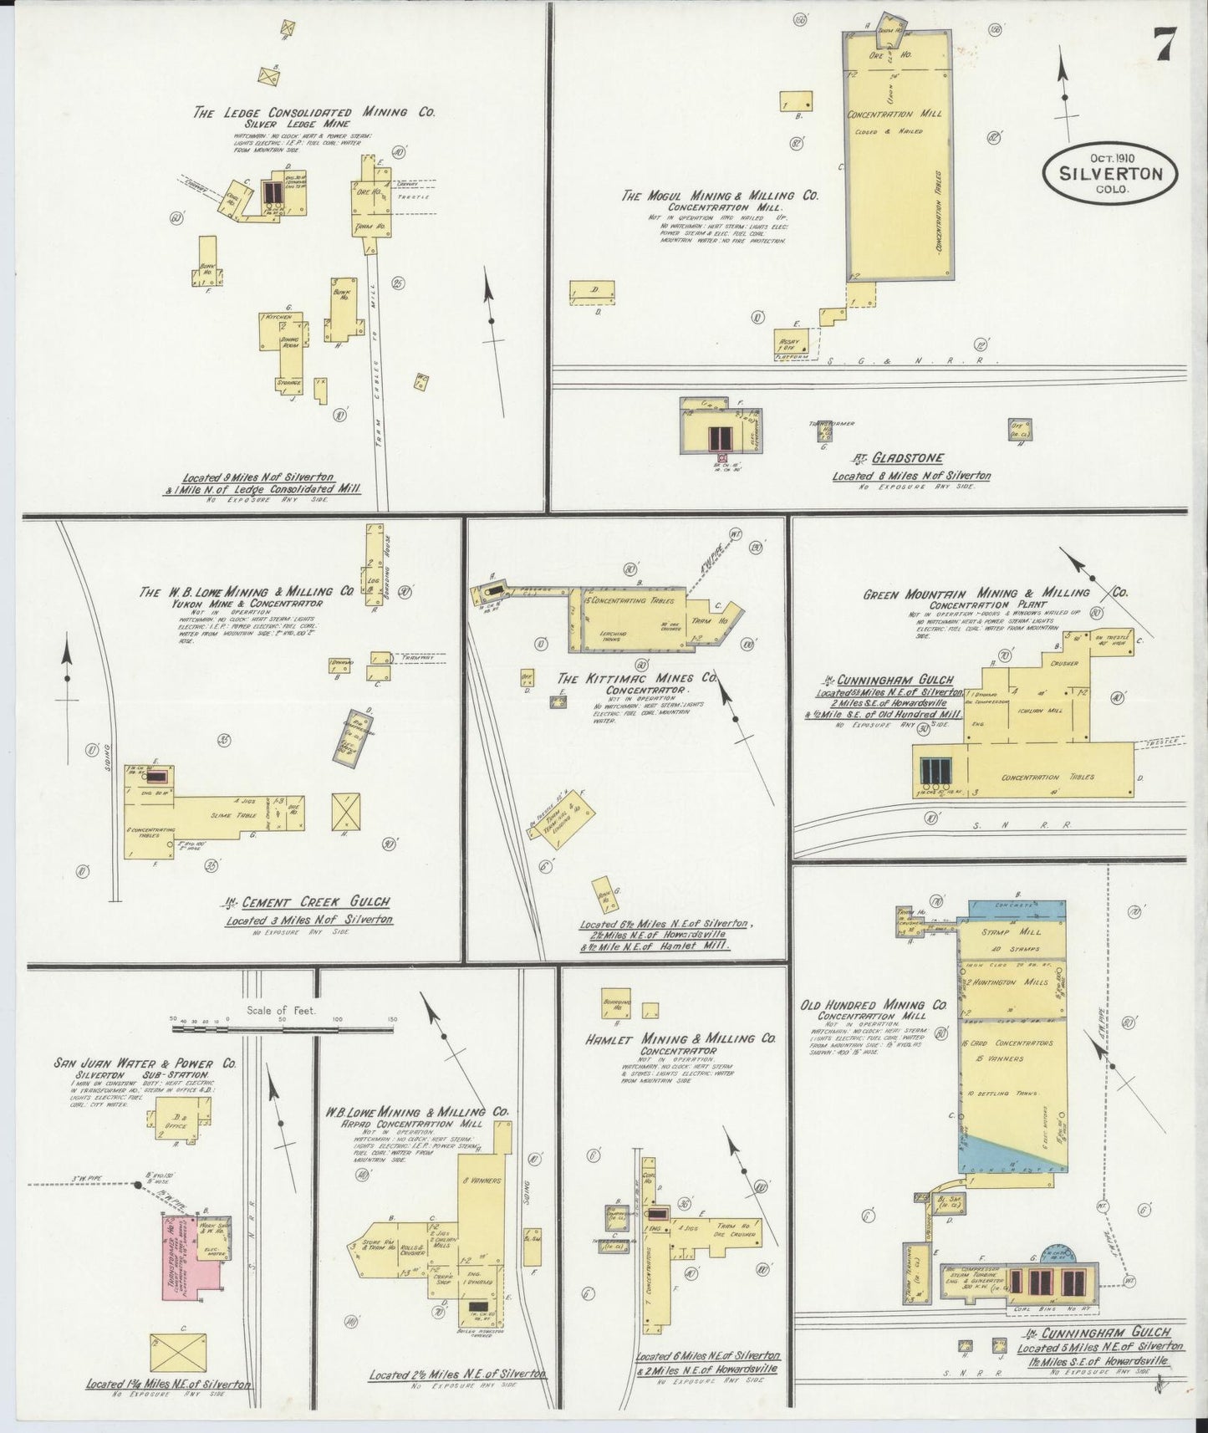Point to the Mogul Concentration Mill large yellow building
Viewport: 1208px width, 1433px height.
[x=898, y=159]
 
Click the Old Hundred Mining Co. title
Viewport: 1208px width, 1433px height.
[x=873, y=1005]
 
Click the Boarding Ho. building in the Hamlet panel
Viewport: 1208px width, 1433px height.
[x=617, y=1004]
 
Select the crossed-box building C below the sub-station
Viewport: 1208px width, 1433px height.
[x=177, y=1352]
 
